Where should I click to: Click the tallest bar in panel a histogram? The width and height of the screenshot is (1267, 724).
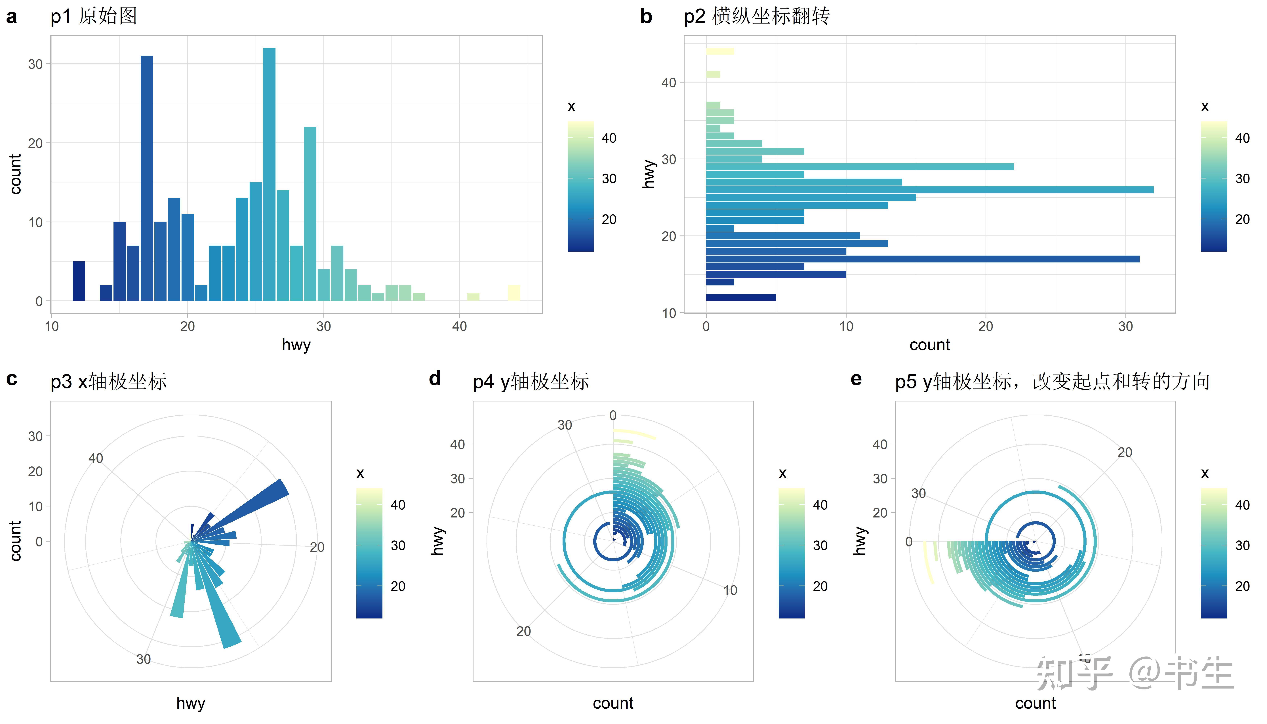click(269, 174)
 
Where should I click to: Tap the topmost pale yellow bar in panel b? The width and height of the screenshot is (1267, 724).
click(719, 51)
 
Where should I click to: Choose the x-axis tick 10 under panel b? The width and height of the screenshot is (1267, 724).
click(846, 327)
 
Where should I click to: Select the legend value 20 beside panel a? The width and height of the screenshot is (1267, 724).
click(609, 219)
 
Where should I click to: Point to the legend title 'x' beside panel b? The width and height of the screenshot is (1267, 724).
click(1204, 106)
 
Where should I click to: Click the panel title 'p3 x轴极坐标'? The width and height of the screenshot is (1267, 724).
click(108, 381)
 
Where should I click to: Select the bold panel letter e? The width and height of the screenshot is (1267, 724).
click(856, 379)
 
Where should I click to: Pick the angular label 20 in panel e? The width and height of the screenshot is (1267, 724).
click(1124, 452)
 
